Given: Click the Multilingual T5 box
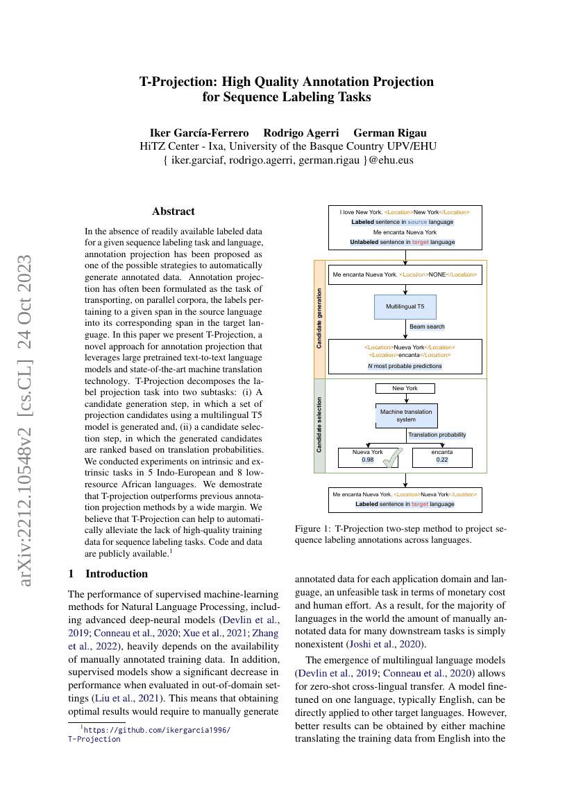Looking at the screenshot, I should tap(405, 305).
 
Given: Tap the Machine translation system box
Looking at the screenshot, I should tap(406, 415).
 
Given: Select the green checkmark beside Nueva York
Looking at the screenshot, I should tap(394, 460).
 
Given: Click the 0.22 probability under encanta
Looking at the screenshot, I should tap(441, 460).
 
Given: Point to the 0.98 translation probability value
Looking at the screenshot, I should tap(368, 460).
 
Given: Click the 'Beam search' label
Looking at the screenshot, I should tap(427, 326).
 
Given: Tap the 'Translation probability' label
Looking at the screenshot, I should tap(437, 435).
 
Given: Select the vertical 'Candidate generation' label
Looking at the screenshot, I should tap(319, 319).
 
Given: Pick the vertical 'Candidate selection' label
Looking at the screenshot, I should tap(319, 425).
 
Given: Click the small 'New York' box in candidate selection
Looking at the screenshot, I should tap(405, 388).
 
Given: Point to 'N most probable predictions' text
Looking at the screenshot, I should tap(405, 365).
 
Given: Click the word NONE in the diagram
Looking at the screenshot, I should tap(437, 274).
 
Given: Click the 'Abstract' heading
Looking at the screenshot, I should tap(173, 211).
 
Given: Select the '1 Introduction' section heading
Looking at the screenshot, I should tap(108, 574).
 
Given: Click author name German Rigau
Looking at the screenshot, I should tap(390, 132).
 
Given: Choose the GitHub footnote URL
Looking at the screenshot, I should tap(155, 730).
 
